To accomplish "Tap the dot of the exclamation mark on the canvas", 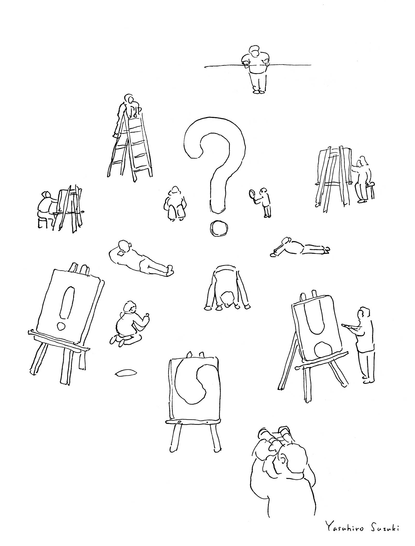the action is tap(61, 326).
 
